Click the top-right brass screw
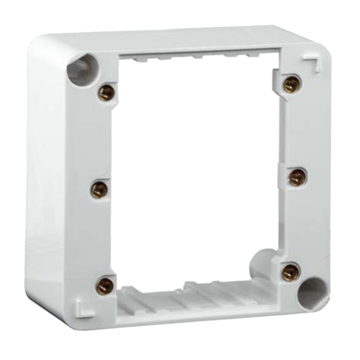[x=292, y=81]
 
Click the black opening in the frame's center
[x=192, y=174]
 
